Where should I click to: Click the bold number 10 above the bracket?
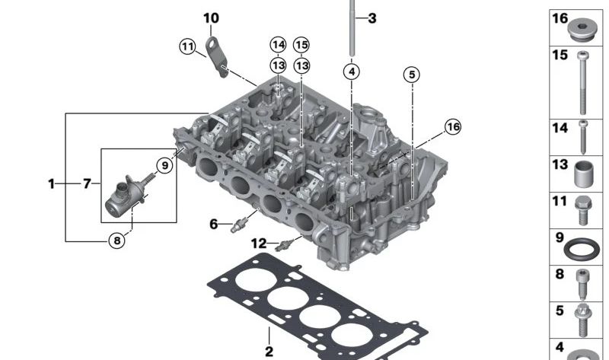(212, 18)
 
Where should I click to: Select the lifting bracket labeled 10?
(216, 56)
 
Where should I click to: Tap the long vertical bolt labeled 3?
(352, 28)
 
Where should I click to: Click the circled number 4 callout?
(352, 72)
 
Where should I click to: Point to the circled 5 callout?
(412, 74)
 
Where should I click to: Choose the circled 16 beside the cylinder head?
(453, 126)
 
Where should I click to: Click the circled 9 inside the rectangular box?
(165, 165)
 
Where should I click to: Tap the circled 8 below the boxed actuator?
(117, 241)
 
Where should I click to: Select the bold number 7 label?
(87, 183)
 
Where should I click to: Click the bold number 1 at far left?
(51, 183)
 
